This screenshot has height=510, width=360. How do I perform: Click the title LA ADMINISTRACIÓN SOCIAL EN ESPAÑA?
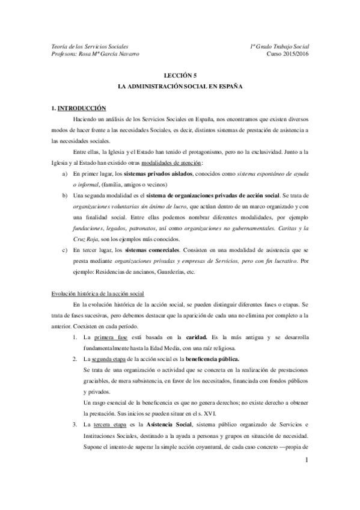coord(180,87)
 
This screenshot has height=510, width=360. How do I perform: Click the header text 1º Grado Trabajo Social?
coord(279,46)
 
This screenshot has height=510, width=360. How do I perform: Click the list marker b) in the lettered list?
coord(65,196)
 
